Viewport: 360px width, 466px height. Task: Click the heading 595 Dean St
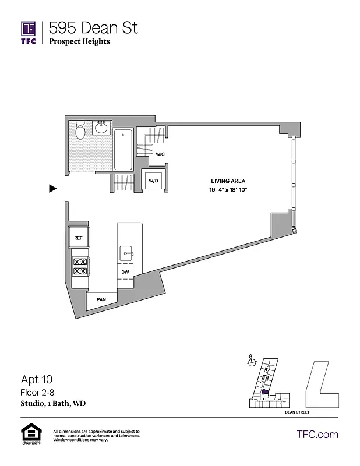pyautogui.click(x=93, y=27)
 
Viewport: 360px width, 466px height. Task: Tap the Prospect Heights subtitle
pyautogui.click(x=79, y=41)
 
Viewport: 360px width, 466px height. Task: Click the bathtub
pyautogui.click(x=123, y=149)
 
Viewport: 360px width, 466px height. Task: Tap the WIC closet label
pyautogui.click(x=160, y=154)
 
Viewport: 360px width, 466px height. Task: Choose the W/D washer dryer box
pyautogui.click(x=153, y=181)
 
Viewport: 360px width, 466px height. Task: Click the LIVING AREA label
pyautogui.click(x=227, y=181)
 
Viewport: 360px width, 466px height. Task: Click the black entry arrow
pyautogui.click(x=52, y=188)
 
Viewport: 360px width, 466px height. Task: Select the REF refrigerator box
pyautogui.click(x=78, y=238)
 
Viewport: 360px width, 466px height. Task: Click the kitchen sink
pyautogui.click(x=126, y=254)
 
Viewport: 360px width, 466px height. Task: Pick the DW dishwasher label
pyautogui.click(x=125, y=272)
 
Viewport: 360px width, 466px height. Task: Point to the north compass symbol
pyautogui.click(x=252, y=362)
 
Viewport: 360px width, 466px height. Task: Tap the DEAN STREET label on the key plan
pyautogui.click(x=297, y=412)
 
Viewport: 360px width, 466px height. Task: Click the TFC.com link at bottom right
pyautogui.click(x=317, y=435)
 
